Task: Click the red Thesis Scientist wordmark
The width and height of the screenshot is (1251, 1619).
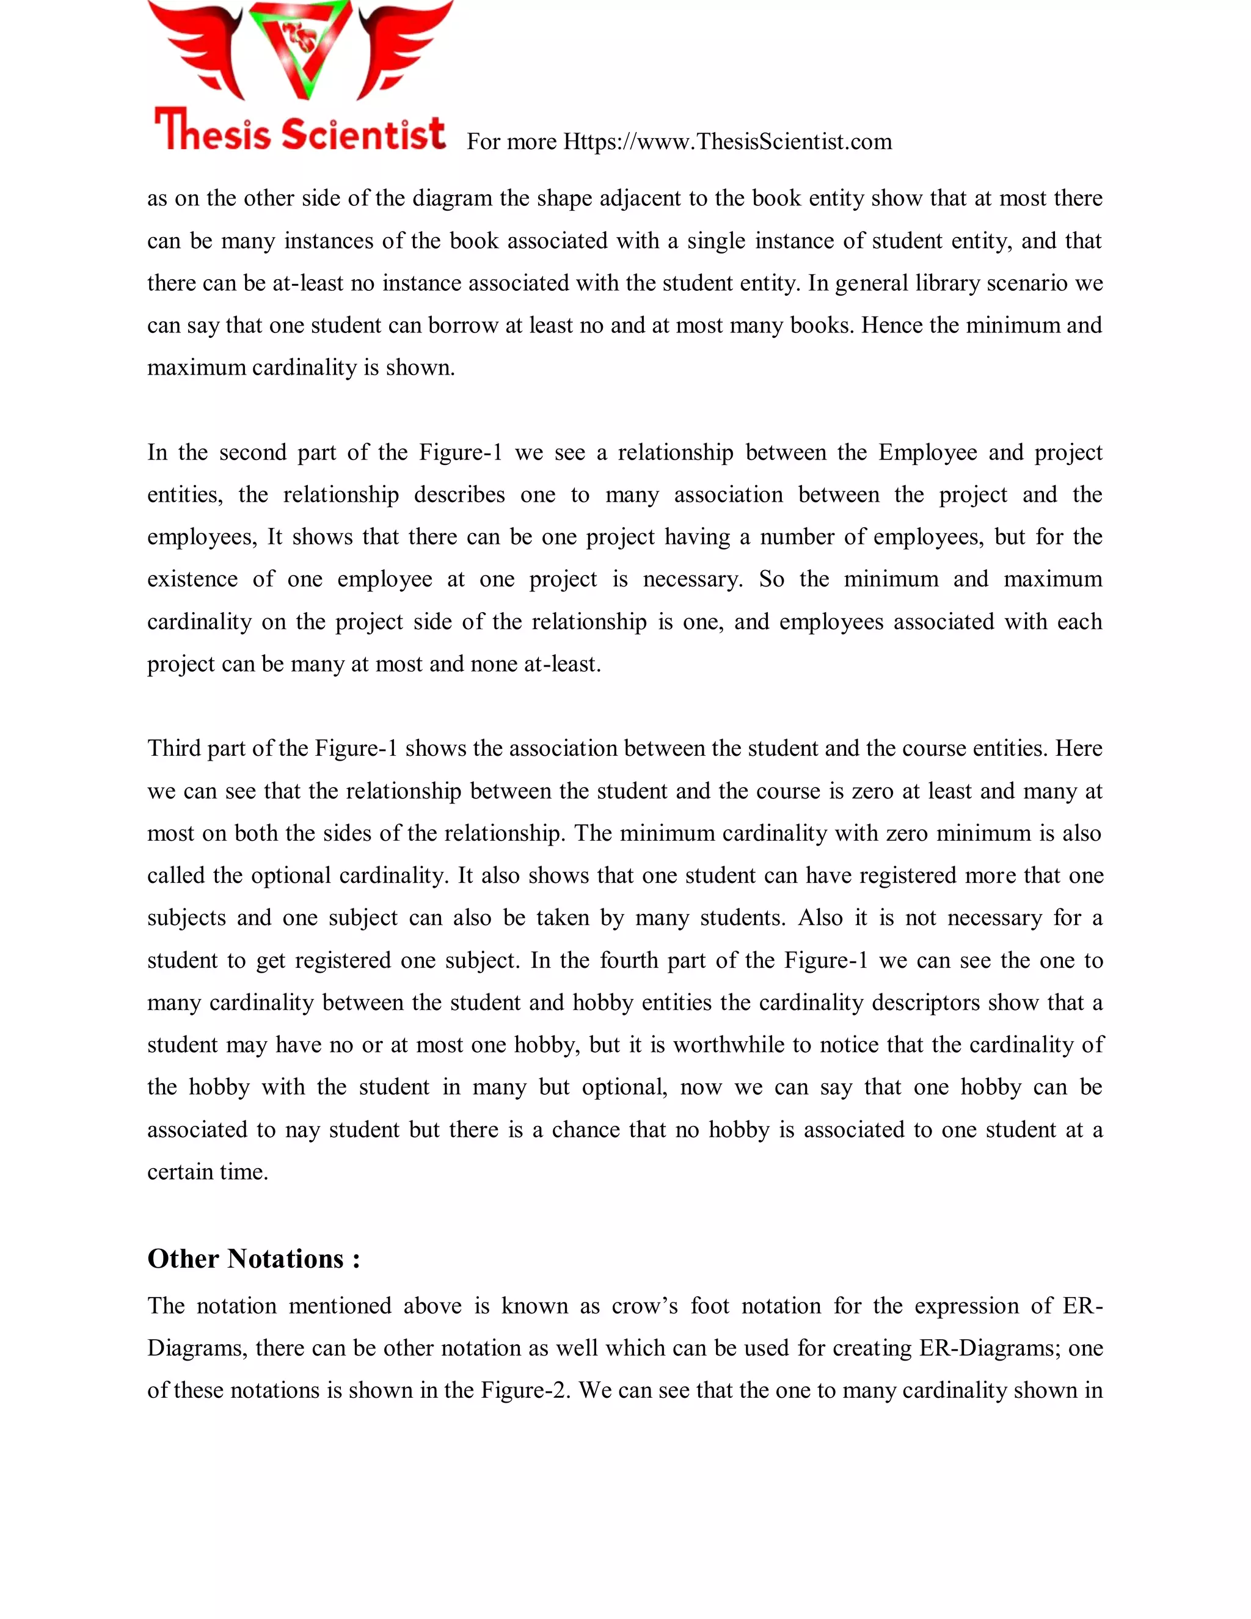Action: click(x=300, y=132)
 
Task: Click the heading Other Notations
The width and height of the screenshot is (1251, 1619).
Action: click(x=253, y=1259)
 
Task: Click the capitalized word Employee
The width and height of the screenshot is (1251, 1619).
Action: click(x=927, y=452)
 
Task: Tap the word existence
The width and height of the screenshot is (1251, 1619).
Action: click(x=192, y=579)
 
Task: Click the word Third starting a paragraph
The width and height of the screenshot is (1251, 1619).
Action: click(x=173, y=749)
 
